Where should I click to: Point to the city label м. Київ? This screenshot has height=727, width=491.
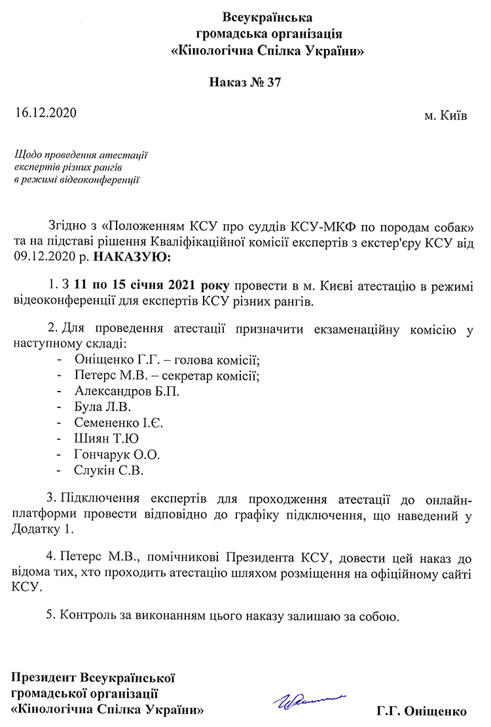pos(446,116)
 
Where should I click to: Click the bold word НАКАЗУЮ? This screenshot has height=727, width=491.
pos(132,258)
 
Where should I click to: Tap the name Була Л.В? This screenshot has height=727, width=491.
pos(103,407)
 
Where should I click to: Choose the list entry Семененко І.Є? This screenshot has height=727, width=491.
pos(118,423)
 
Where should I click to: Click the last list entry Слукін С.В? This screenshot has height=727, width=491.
pos(109,470)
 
